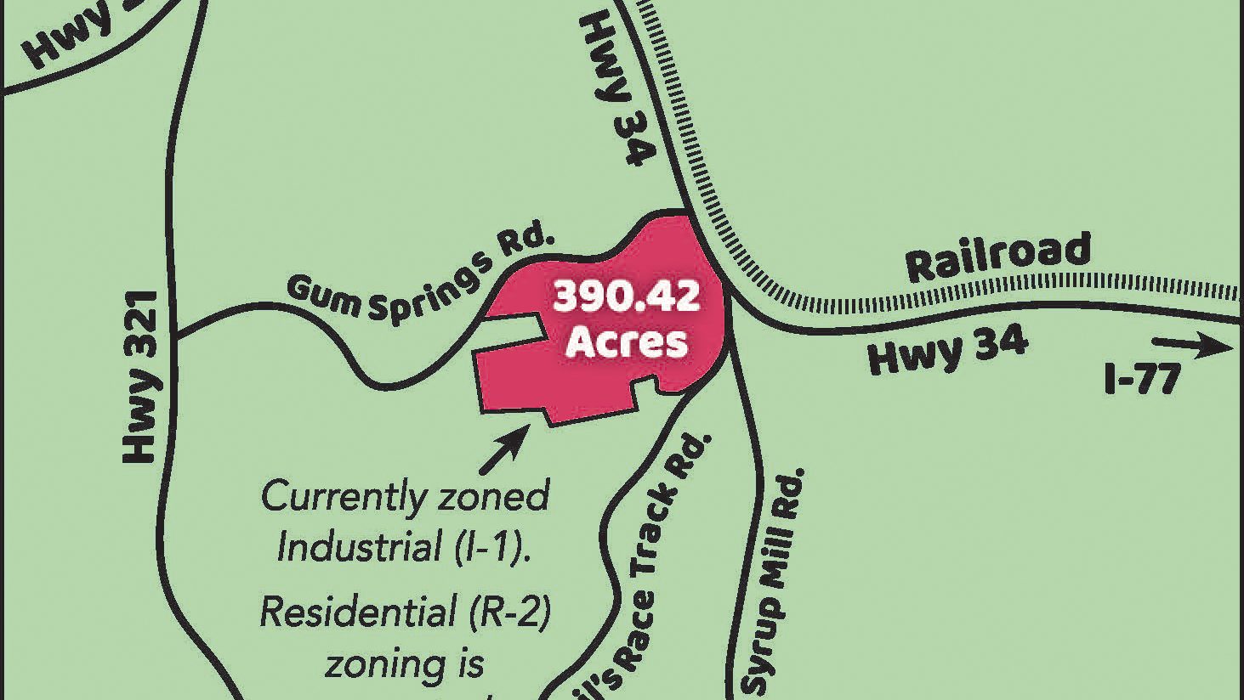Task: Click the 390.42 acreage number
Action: pyautogui.click(x=627, y=297)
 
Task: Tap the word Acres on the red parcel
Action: pyautogui.click(x=627, y=342)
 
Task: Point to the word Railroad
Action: pyautogui.click(x=997, y=257)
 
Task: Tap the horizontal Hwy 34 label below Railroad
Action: pyautogui.click(x=947, y=351)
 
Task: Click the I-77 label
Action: pyautogui.click(x=1142, y=379)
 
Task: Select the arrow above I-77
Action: pyautogui.click(x=1191, y=345)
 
